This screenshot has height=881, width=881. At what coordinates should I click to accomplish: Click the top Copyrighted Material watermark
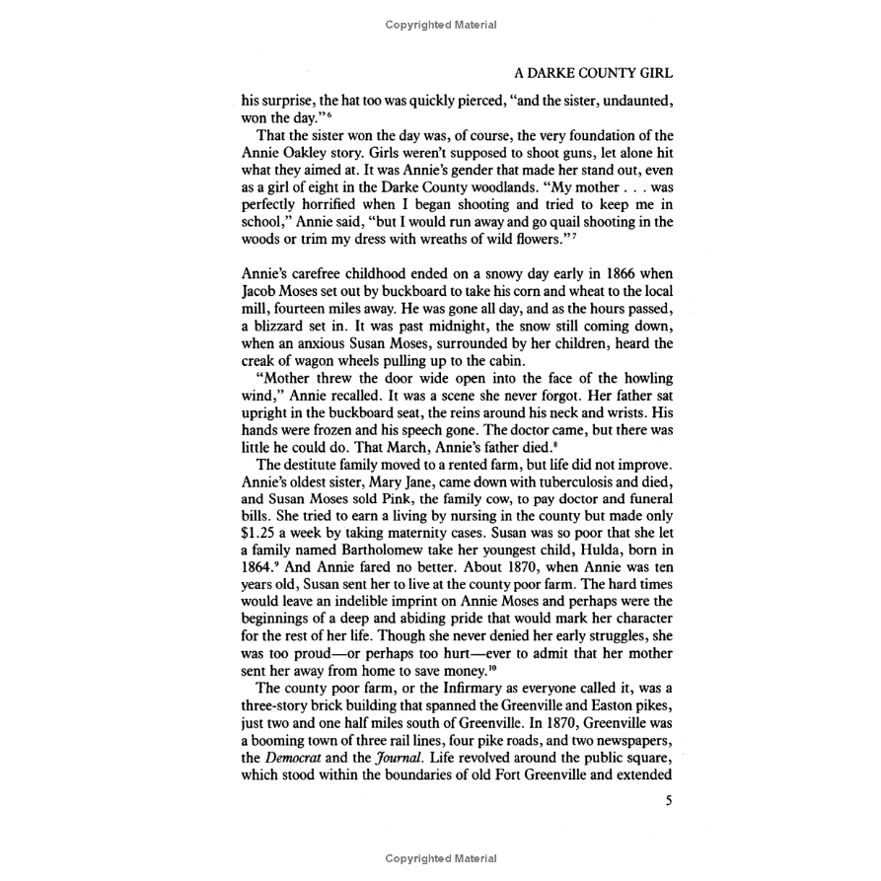pyautogui.click(x=440, y=25)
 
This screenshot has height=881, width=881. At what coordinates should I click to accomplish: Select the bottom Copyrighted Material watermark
pyautogui.click(x=440, y=859)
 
